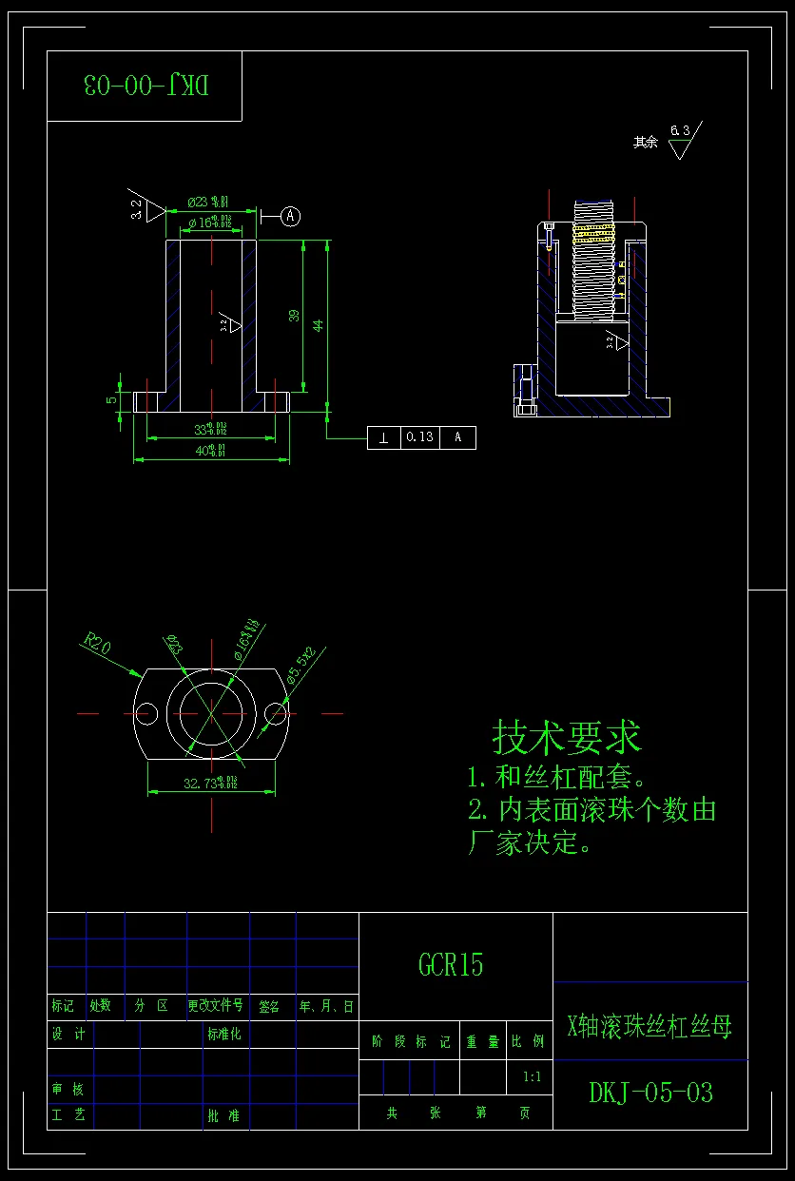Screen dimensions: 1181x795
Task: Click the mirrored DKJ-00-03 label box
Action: pyautogui.click(x=145, y=86)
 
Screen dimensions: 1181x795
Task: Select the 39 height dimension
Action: pyautogui.click(x=295, y=316)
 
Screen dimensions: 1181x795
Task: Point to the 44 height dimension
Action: pyautogui.click(x=320, y=324)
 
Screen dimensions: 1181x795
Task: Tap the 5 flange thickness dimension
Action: pyautogui.click(x=111, y=399)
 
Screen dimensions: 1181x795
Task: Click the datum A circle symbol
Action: pyautogui.click(x=291, y=217)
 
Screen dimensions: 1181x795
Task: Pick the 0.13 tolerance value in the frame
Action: pyautogui.click(x=419, y=437)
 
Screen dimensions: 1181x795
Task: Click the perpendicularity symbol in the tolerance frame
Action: pyautogui.click(x=383, y=437)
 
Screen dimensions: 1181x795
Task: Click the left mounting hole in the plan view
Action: pyautogui.click(x=145, y=712)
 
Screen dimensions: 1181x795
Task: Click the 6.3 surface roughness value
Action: pyautogui.click(x=680, y=129)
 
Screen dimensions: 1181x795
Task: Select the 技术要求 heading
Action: pyautogui.click(x=567, y=737)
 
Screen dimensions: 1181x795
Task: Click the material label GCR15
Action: pyautogui.click(x=451, y=965)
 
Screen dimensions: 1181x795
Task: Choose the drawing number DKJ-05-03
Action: pyautogui.click(x=650, y=1093)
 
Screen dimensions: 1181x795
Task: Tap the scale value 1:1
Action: pyautogui.click(x=532, y=1076)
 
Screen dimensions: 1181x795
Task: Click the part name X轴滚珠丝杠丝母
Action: pyautogui.click(x=650, y=1026)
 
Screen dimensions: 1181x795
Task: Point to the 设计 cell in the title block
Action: pyautogui.click(x=68, y=1035)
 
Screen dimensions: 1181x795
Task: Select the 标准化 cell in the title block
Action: pyautogui.click(x=223, y=1035)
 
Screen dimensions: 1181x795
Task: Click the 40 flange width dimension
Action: pyautogui.click(x=210, y=451)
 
